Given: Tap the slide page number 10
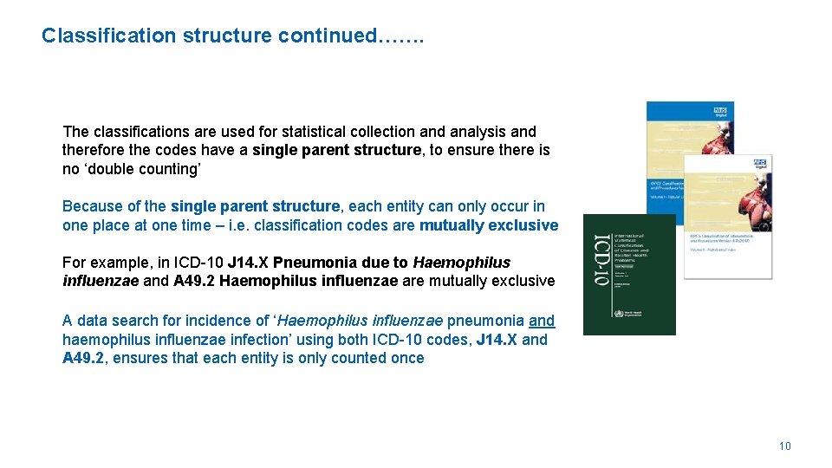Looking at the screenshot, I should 784,446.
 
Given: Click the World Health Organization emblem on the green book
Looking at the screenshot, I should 618,314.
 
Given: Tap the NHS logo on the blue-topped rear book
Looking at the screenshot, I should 719,111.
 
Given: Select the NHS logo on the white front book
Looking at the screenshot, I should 759,163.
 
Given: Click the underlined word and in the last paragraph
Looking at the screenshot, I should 542,321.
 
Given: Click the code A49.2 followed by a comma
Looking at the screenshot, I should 84,358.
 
